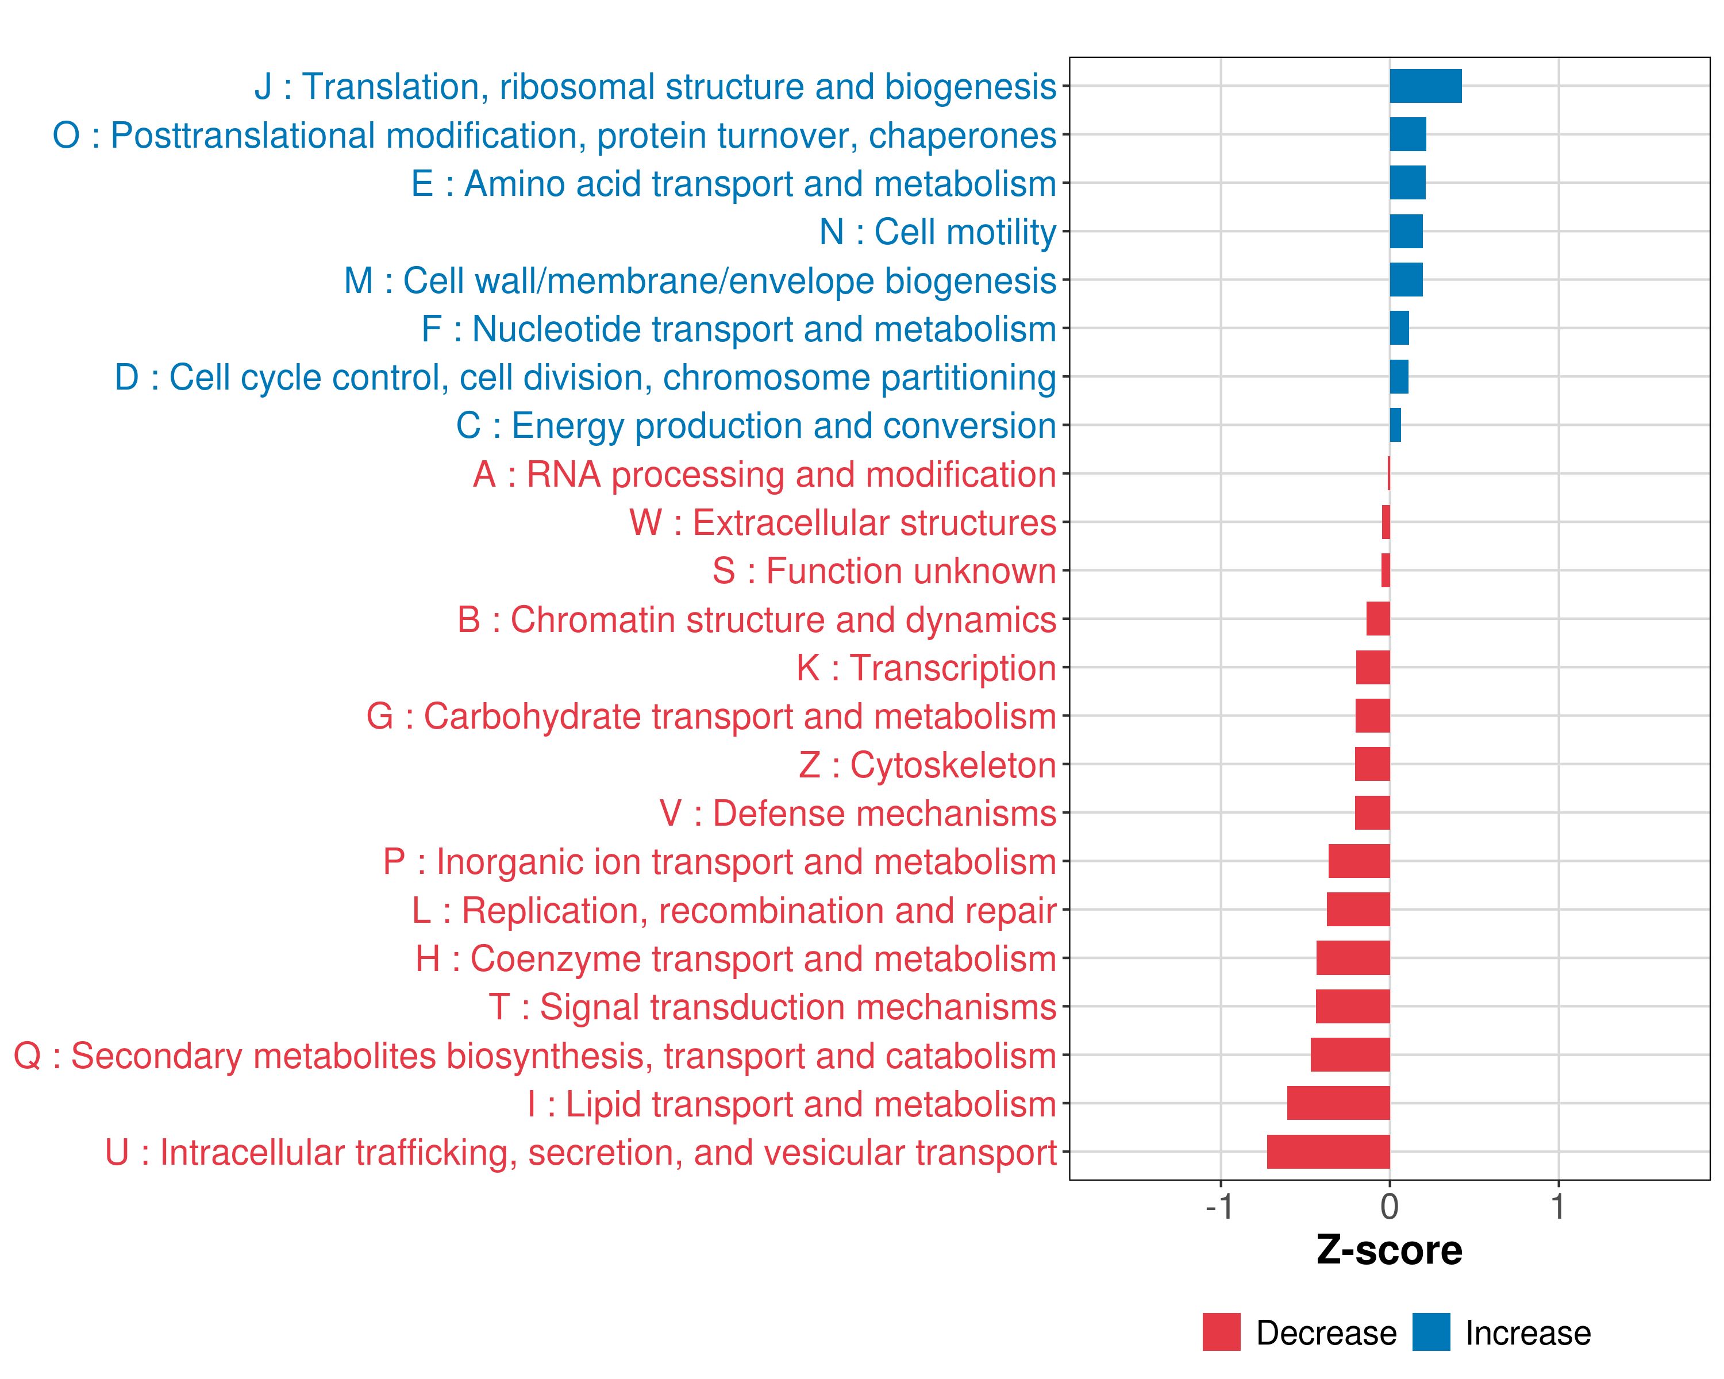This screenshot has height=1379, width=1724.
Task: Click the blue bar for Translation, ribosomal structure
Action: [1425, 86]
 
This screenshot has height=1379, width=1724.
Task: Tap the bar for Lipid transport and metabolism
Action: [1338, 1103]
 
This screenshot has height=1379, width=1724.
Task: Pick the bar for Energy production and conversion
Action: [1395, 425]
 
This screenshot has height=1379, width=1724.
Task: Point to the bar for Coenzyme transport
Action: [1353, 958]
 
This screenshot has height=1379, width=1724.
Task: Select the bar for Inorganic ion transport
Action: [1359, 861]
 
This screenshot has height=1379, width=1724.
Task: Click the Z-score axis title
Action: [1389, 1250]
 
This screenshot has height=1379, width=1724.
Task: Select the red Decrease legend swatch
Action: [1221, 1332]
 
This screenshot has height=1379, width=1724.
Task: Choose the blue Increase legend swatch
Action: [1430, 1332]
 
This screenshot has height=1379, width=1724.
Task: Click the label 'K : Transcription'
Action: [926, 668]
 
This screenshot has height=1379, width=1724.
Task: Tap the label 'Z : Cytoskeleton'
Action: [928, 765]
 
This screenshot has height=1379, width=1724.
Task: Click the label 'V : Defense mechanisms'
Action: [858, 814]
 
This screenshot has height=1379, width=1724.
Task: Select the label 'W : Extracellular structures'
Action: [843, 523]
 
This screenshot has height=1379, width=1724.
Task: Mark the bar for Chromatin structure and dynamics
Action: [1377, 619]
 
